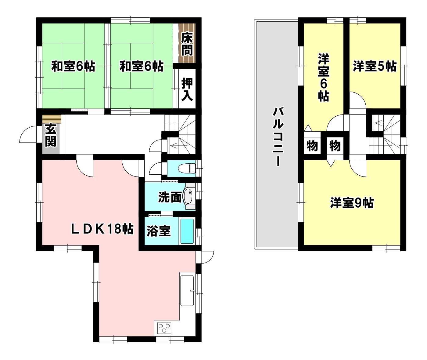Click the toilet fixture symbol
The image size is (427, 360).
187,169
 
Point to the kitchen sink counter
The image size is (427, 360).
187,290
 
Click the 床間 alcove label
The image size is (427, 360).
187,44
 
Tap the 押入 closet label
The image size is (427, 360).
187,89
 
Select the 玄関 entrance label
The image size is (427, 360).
51,135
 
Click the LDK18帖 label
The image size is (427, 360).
102,229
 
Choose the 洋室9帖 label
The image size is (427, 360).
352,203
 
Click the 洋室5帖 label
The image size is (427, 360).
375,66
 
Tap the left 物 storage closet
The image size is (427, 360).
312,146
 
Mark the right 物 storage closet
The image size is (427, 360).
335,146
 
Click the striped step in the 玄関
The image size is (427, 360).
52,119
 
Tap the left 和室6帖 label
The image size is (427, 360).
73,66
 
